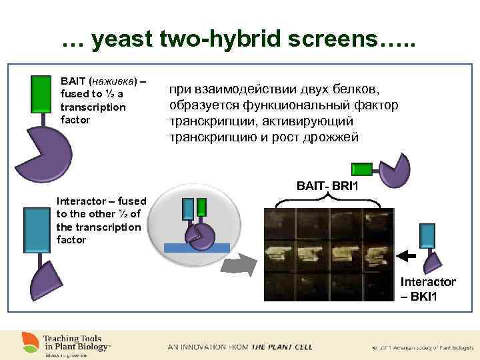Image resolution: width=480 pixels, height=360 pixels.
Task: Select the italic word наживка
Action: tap(113, 81)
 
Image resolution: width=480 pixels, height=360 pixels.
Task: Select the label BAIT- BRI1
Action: tap(325, 185)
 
